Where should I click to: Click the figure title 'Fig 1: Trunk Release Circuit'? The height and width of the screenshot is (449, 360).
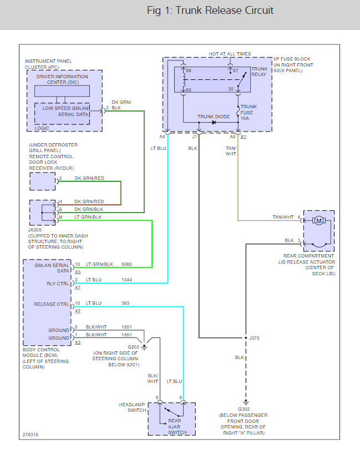click(x=210, y=11)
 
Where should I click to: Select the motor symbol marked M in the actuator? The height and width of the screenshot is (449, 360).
click(x=318, y=221)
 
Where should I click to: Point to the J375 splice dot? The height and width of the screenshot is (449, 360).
click(x=245, y=338)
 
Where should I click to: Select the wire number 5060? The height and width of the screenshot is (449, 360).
click(x=127, y=264)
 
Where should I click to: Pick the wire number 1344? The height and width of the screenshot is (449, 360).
click(x=127, y=280)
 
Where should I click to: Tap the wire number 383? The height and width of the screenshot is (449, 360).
click(x=126, y=303)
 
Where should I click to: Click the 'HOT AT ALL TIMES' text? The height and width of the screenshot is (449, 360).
click(x=230, y=54)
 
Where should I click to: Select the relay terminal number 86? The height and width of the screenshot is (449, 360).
click(x=188, y=71)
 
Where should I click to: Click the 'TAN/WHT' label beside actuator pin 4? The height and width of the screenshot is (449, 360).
click(x=283, y=217)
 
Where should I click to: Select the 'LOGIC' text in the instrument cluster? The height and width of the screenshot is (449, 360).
click(x=42, y=128)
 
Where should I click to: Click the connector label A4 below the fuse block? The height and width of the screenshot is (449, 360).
click(x=162, y=136)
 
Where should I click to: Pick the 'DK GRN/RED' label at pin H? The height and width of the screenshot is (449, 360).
click(x=89, y=201)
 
